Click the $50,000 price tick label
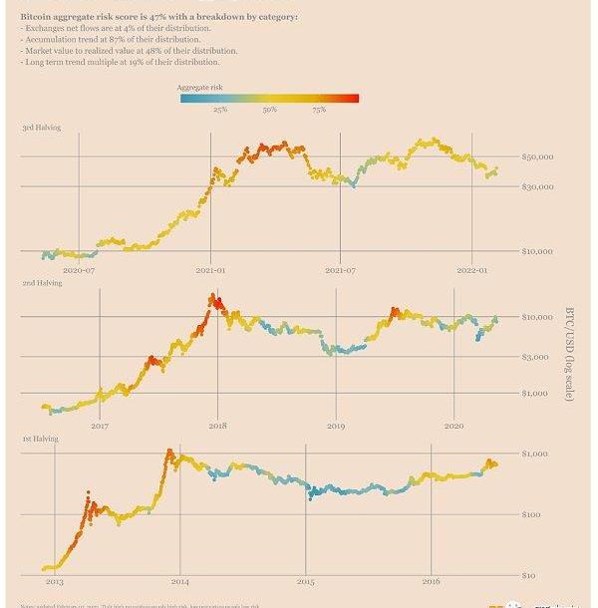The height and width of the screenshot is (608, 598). click(x=537, y=157)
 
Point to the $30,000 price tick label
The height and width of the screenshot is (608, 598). click(x=537, y=186)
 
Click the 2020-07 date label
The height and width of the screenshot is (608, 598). click(x=79, y=270)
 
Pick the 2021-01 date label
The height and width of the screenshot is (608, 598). click(x=210, y=270)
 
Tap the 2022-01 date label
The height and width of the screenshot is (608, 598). click(x=470, y=270)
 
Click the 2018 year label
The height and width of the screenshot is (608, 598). click(x=217, y=426)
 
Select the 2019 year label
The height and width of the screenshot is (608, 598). click(x=336, y=426)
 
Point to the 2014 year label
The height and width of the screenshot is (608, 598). click(x=179, y=581)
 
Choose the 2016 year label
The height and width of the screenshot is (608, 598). click(x=431, y=581)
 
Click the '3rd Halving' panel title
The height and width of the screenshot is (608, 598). click(x=42, y=128)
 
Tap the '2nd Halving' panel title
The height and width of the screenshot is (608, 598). click(x=42, y=283)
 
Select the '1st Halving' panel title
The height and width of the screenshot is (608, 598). click(x=40, y=439)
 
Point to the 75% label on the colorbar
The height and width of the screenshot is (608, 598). click(x=318, y=110)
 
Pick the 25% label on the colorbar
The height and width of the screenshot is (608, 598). click(x=220, y=110)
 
